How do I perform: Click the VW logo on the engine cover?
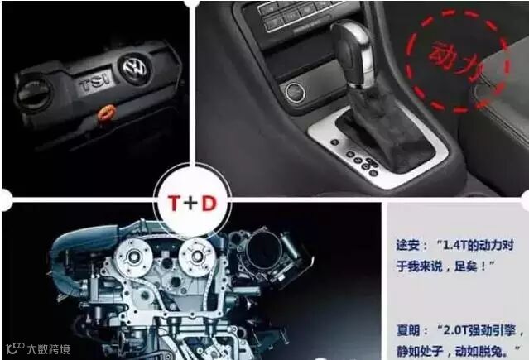click(x=135, y=68)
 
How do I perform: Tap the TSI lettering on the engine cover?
click(x=95, y=82)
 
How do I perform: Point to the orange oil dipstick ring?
click(x=106, y=113)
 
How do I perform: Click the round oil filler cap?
click(x=34, y=93)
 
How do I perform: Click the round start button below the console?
click(x=295, y=91)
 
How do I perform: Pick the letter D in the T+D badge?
click(x=209, y=204)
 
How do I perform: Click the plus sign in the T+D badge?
click(x=190, y=204)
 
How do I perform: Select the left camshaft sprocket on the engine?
click(x=132, y=257)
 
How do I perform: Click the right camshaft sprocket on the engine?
click(x=197, y=257)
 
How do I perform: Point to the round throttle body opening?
click(x=264, y=249)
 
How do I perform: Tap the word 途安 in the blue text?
click(x=408, y=245)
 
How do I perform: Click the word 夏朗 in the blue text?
click(x=408, y=330)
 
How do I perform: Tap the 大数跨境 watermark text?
click(x=49, y=349)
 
